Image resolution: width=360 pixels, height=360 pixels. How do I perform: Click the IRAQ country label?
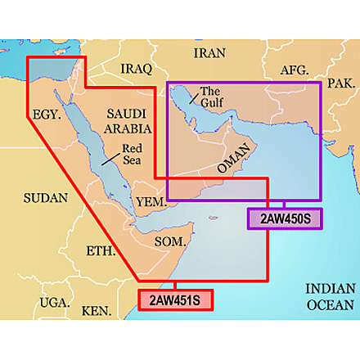click(136, 68)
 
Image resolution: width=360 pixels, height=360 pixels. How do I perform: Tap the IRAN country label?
click(209, 53)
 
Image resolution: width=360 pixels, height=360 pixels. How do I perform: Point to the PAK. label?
click(340, 83)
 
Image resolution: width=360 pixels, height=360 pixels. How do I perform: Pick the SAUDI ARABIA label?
click(128, 123)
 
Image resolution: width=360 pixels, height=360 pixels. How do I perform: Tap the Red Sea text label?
click(132, 155)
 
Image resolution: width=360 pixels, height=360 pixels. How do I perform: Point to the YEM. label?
click(152, 201)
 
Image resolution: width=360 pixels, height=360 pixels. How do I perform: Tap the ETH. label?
click(101, 251)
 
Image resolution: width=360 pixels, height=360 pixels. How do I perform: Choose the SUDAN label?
click(40, 197)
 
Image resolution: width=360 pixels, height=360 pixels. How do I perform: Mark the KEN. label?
click(97, 311)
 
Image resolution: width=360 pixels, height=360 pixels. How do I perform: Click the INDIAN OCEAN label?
click(330, 297)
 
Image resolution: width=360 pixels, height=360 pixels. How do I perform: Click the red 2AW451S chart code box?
click(174, 299)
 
